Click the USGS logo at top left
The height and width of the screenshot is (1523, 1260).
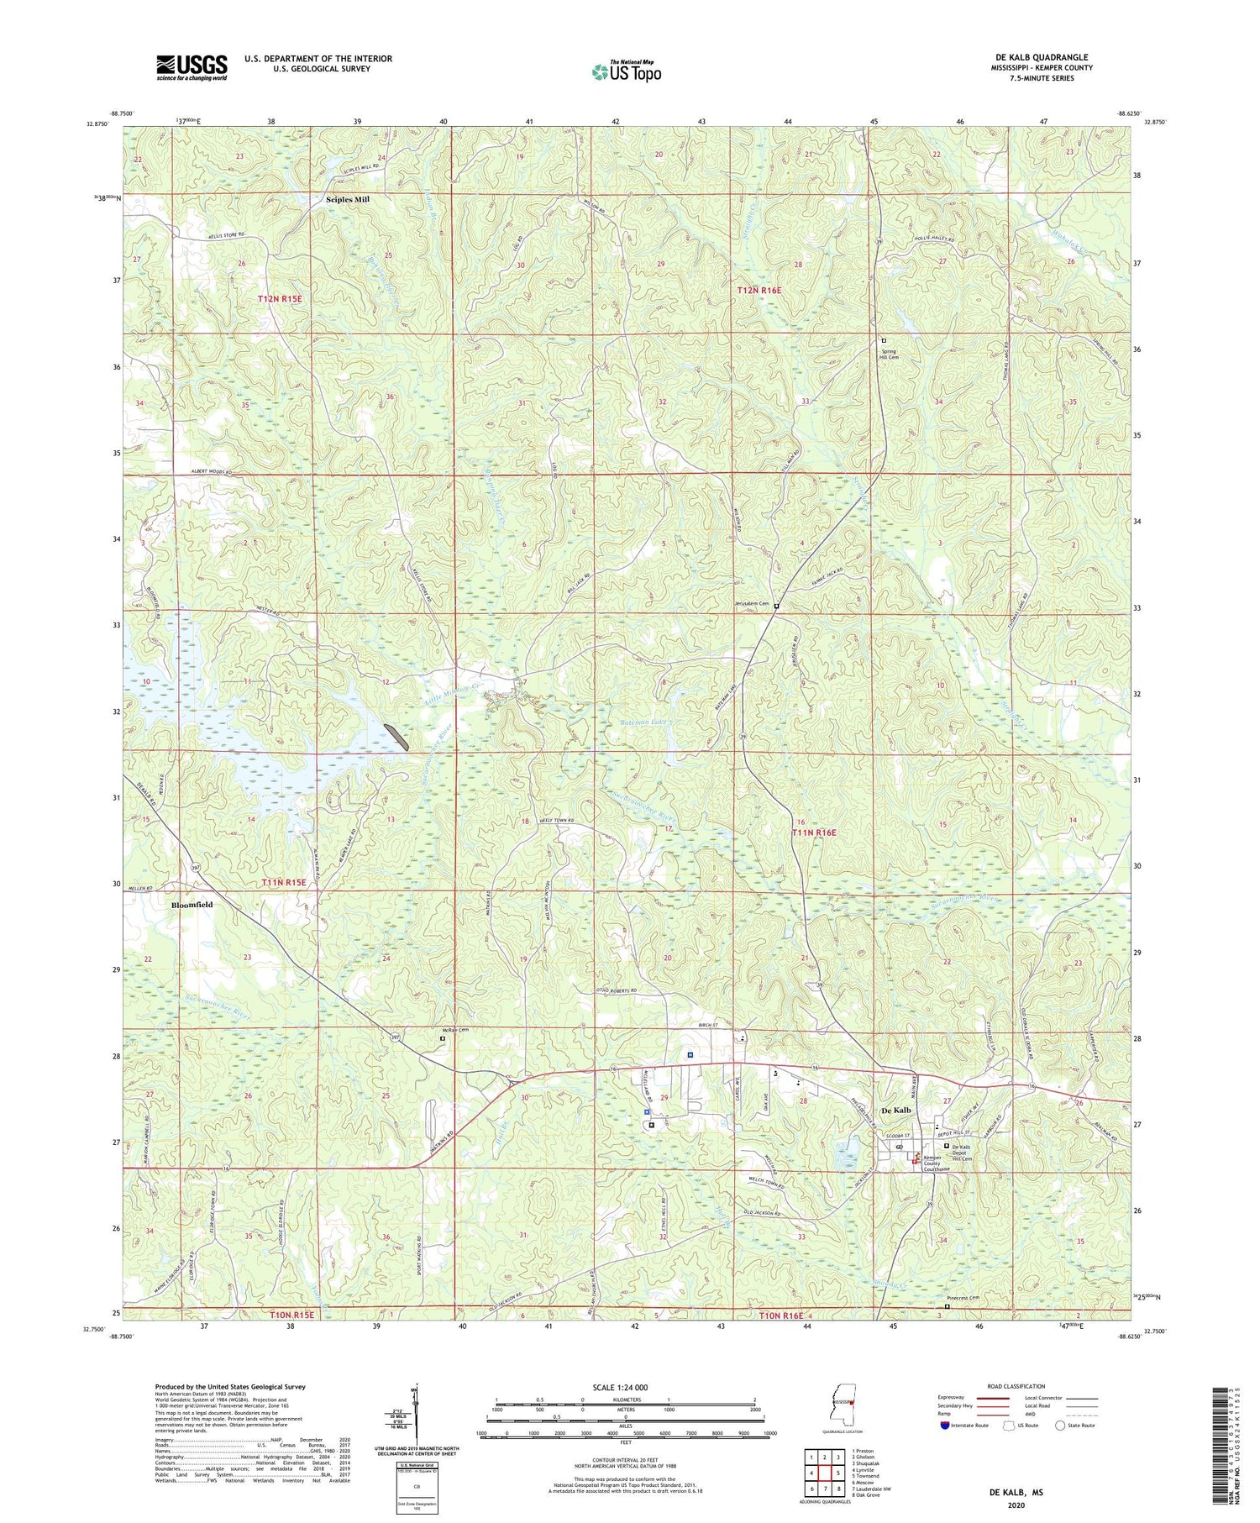(x=192, y=67)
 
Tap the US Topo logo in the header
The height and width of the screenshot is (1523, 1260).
(x=626, y=71)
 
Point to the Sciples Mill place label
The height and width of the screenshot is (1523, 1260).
(x=348, y=200)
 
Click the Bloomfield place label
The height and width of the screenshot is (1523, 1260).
(x=192, y=905)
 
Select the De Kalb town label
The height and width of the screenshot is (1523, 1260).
(x=895, y=1111)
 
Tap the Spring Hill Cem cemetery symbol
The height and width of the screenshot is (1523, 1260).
(x=884, y=340)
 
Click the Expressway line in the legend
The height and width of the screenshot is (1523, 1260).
(x=997, y=1398)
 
